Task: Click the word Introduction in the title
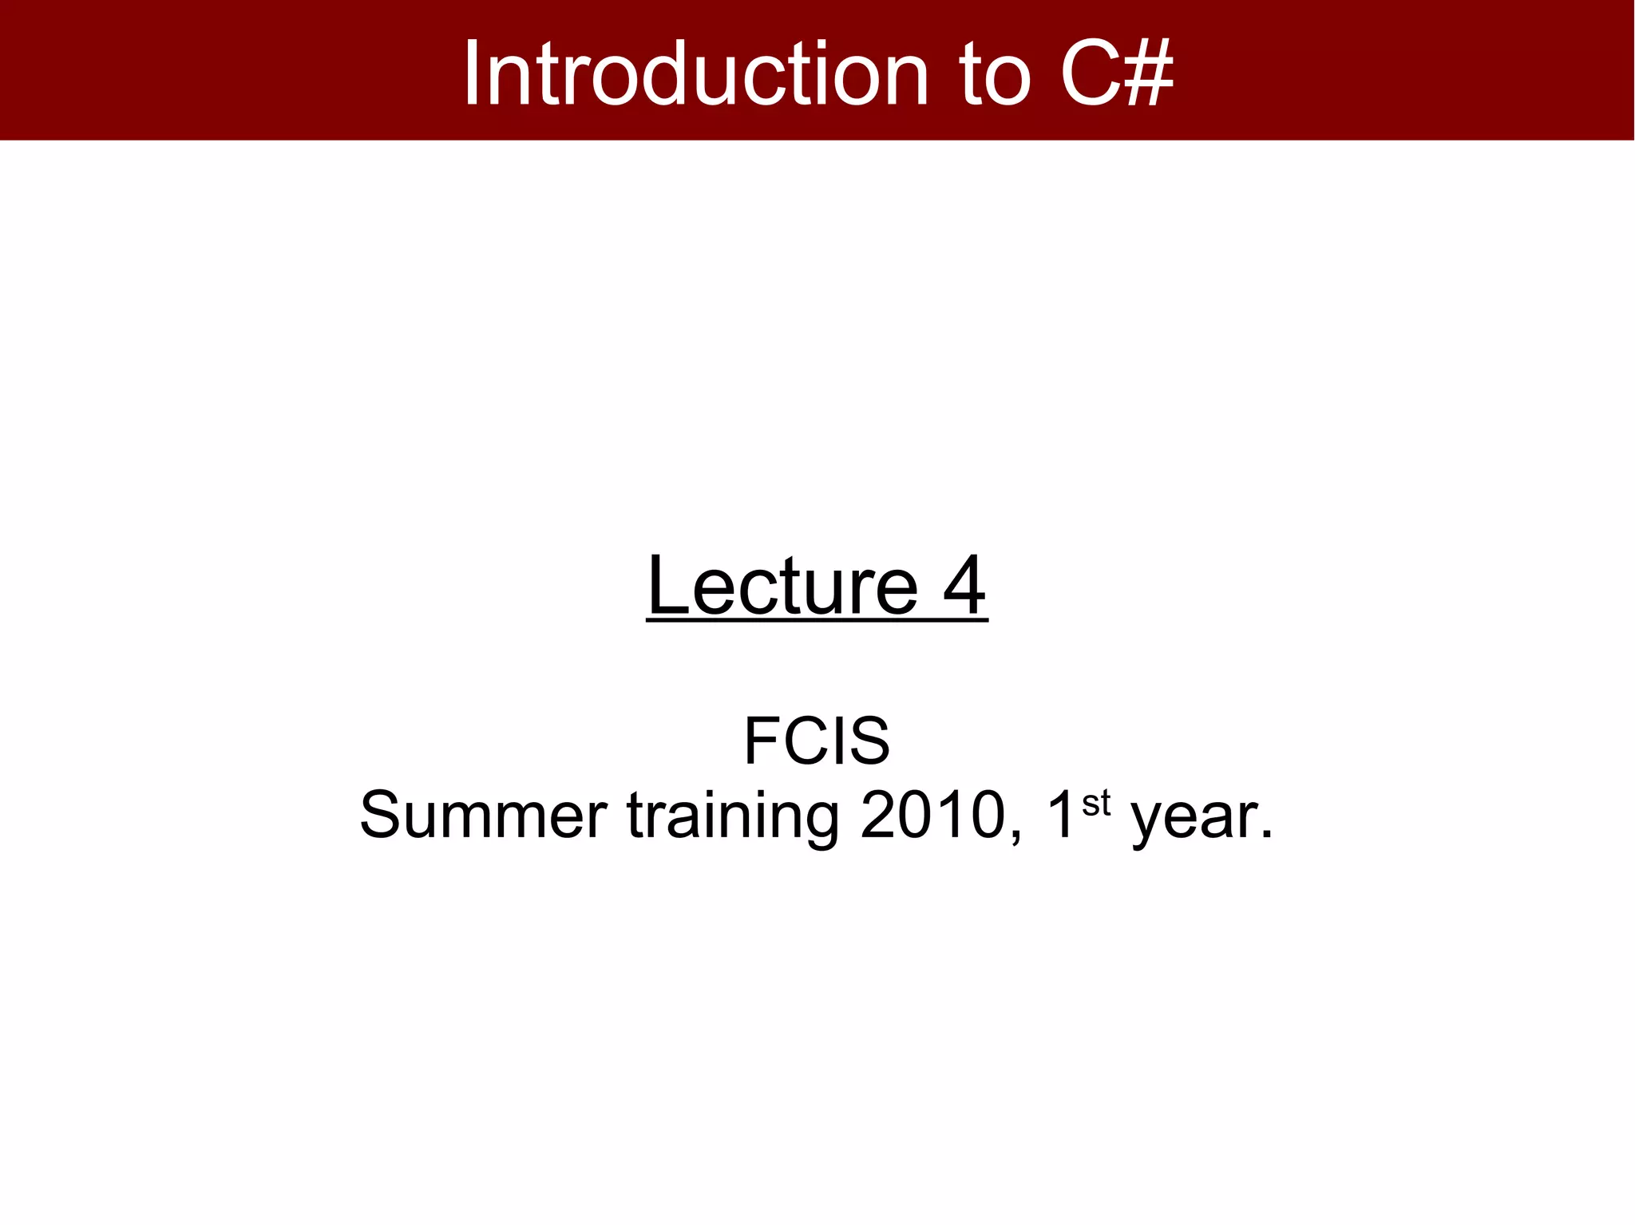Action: coord(695,73)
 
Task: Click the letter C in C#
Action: coord(1089,73)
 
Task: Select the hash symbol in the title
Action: coord(1146,73)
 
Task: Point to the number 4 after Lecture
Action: coord(964,587)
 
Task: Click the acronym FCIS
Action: coord(817,741)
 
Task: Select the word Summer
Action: coord(483,816)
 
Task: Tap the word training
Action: coord(733,816)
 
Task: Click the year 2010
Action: coord(932,816)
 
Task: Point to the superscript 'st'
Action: coord(1096,803)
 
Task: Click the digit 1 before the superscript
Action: coord(1060,816)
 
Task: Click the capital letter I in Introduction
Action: coord(472,73)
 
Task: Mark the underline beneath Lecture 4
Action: coord(817,620)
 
